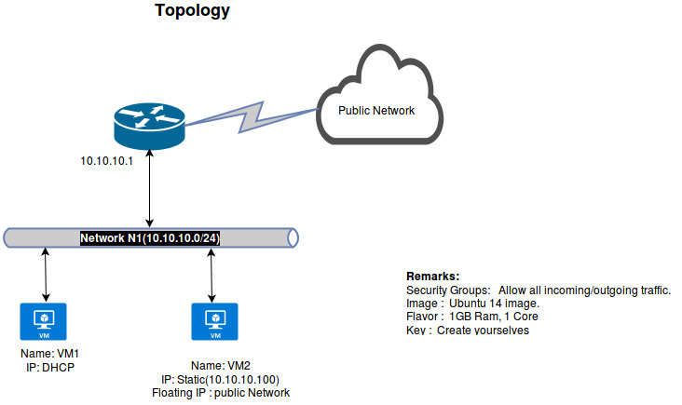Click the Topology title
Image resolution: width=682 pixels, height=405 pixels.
tap(192, 12)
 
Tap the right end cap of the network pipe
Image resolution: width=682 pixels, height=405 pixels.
tap(293, 238)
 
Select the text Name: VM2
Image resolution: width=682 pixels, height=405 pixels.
tap(220, 365)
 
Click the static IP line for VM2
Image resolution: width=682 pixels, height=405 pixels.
tap(220, 379)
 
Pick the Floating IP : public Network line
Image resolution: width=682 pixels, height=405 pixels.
tap(220, 393)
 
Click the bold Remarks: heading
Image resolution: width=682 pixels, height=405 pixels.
tap(433, 277)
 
